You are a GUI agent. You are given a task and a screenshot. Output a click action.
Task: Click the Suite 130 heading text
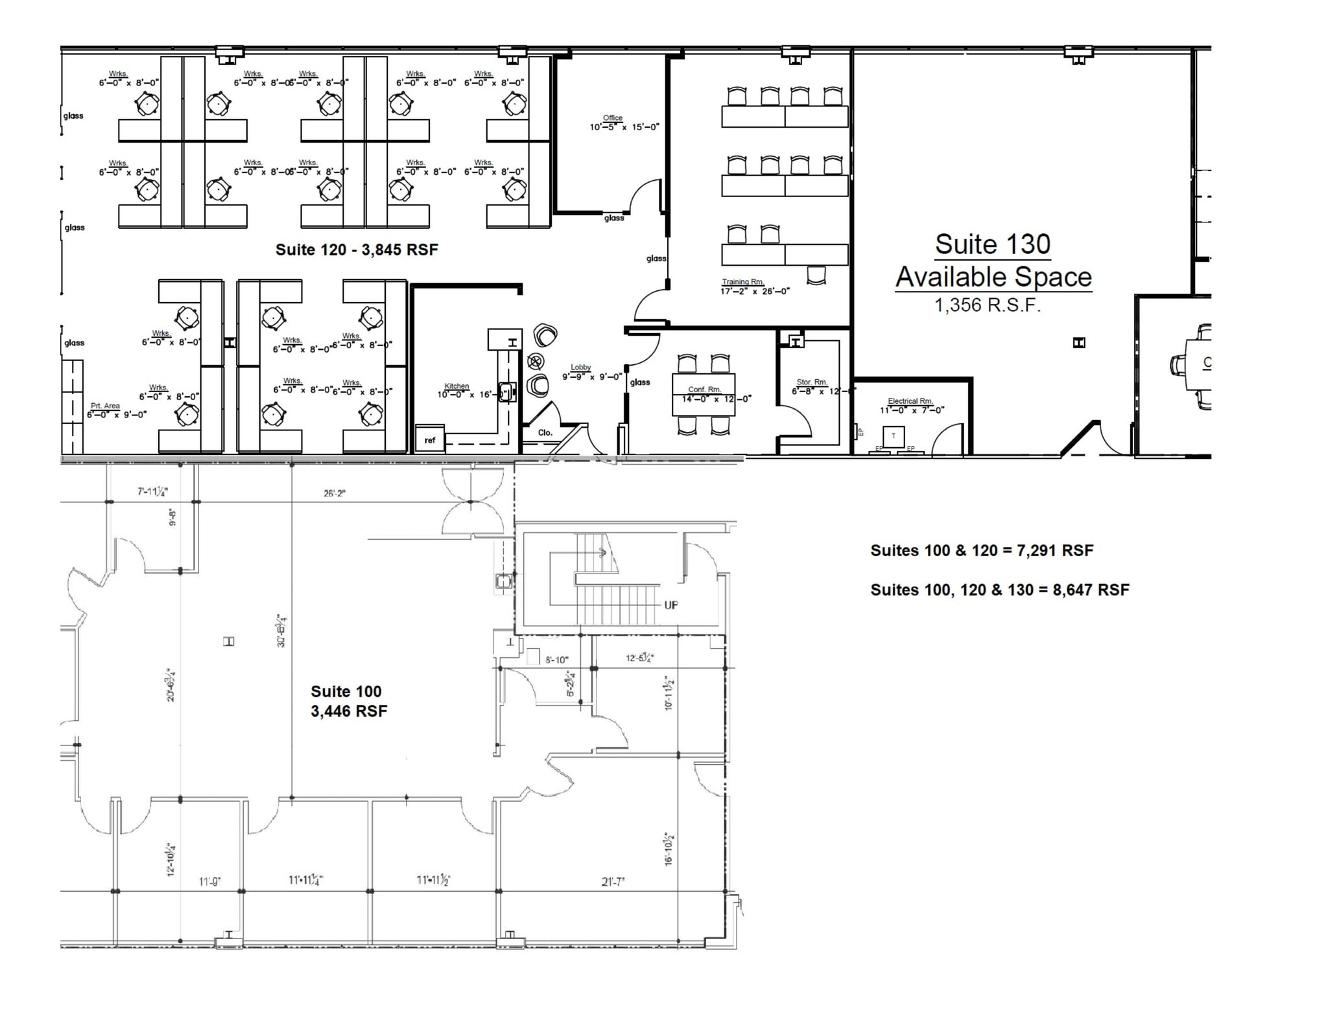[992, 245]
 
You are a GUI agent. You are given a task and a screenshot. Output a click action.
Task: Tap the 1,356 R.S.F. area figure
[987, 305]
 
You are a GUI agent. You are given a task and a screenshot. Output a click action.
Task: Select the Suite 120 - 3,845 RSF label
[357, 250]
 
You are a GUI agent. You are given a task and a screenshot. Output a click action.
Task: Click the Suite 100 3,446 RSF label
[348, 701]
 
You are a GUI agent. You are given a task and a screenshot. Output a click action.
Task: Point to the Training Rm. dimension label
[754, 287]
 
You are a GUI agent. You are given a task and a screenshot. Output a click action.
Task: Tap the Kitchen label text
[456, 386]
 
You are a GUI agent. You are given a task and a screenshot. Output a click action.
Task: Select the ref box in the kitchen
[430, 440]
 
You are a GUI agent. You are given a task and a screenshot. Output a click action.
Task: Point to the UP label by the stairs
[670, 605]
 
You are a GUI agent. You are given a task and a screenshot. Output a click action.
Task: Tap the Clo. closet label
[545, 432]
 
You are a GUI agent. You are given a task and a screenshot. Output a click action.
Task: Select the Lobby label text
[580, 367]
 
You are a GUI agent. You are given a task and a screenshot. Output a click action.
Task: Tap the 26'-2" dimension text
[335, 493]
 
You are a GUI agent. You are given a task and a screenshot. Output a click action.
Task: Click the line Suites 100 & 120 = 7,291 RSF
[981, 550]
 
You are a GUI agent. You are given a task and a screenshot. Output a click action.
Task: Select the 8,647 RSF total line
[999, 590]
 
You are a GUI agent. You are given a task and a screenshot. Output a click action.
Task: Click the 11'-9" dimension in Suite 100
[210, 881]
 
